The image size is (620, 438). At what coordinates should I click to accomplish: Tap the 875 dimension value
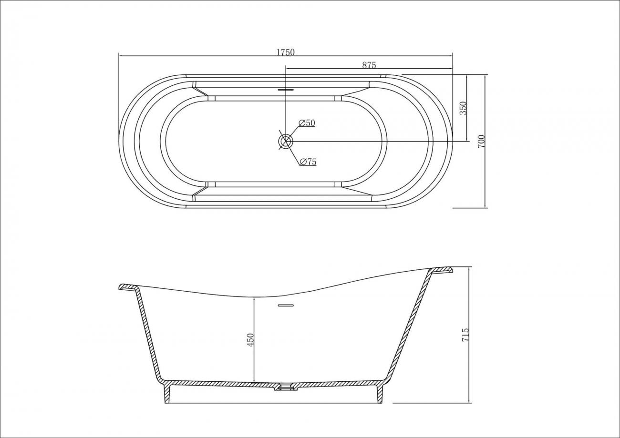[x=369, y=65]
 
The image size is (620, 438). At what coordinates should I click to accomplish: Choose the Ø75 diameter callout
[x=308, y=162]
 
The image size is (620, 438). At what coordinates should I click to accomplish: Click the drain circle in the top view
[x=285, y=141]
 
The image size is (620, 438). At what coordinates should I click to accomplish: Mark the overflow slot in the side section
[x=285, y=305]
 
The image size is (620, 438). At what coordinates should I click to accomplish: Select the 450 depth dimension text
[x=250, y=340]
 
